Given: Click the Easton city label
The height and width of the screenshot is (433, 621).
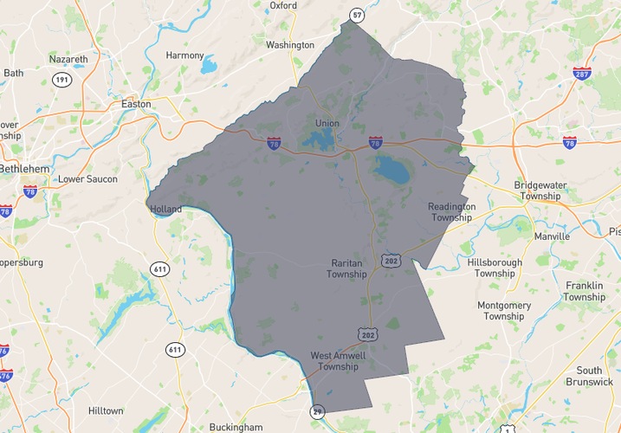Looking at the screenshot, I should (136, 104).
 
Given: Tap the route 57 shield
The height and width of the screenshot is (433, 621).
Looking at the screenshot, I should (356, 15).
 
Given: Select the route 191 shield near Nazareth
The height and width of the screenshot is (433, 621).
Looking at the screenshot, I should (61, 80).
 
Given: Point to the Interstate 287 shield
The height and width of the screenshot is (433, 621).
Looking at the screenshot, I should (583, 73).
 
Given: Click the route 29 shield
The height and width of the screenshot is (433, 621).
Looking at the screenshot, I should (318, 411).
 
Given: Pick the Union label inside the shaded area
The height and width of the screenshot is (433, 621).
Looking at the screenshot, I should (327, 123).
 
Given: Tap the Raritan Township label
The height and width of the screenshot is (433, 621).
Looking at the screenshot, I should (347, 268).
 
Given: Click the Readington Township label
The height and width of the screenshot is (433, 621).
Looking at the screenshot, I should (452, 212).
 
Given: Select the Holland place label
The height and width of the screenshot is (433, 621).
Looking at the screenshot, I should (166, 210).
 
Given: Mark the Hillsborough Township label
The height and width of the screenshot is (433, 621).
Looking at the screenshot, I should (495, 268).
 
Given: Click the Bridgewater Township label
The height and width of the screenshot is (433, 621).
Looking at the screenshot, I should (543, 191).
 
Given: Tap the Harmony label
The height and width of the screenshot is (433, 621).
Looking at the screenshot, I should (184, 55).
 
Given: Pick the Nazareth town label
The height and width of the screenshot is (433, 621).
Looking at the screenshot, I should (68, 59).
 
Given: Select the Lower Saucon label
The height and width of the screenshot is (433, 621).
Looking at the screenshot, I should (87, 179).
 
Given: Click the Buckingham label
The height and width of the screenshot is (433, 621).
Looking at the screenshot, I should (236, 427).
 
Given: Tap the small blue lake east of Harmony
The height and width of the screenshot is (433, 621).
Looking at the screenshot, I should (208, 65).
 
